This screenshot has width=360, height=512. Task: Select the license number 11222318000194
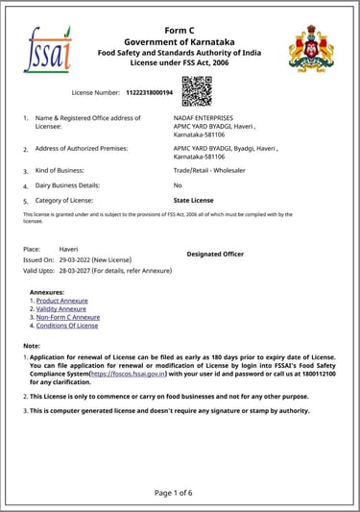point(149,92)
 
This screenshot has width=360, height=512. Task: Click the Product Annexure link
point(61,301)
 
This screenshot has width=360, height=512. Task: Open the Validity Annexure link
point(61,308)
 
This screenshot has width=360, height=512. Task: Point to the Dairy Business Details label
point(73,184)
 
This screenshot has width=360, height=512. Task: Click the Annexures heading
point(47,291)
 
